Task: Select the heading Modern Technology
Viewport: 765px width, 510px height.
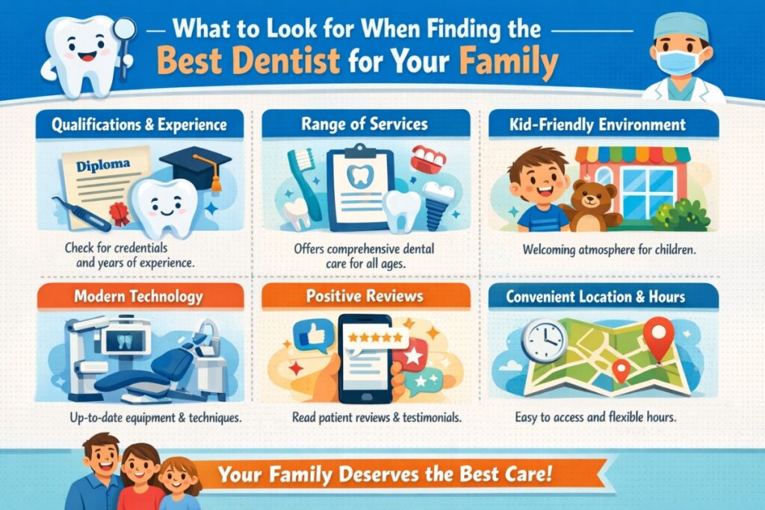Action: (138, 296)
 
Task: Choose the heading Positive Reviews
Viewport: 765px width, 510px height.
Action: (365, 296)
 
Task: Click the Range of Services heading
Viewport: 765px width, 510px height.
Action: (365, 124)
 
